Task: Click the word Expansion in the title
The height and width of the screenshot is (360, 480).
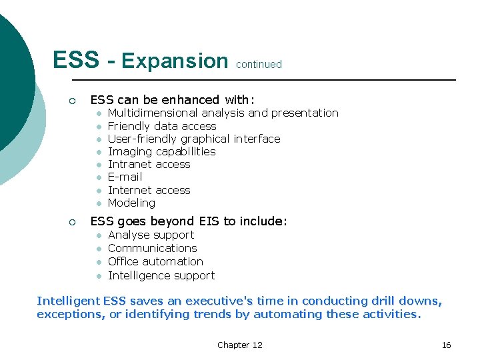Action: (175, 61)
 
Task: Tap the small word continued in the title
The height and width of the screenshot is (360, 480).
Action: (259, 65)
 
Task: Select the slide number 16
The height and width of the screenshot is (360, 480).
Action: (446, 345)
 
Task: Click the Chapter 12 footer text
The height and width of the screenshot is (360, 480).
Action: (240, 345)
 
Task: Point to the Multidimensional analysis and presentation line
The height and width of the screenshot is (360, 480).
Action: (223, 113)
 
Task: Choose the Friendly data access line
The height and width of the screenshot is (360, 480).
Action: (162, 126)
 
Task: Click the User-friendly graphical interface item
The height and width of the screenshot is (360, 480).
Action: (194, 139)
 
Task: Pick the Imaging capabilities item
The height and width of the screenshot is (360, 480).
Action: (161, 151)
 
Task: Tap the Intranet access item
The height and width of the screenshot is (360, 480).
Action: (149, 164)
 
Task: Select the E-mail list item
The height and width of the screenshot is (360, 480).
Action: (125, 177)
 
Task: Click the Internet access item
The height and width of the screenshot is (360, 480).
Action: (149, 190)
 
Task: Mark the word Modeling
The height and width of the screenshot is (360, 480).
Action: (131, 203)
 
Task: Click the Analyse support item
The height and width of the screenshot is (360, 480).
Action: (151, 235)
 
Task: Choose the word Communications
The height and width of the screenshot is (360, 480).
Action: (152, 248)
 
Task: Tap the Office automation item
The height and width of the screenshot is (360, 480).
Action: (155, 261)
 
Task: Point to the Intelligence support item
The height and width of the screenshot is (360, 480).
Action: (161, 275)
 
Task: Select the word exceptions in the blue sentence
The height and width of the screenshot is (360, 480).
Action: (68, 315)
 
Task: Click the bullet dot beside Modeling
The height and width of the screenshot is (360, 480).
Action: (97, 203)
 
